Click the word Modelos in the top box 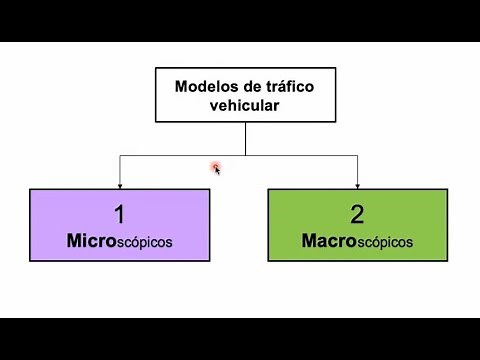click(x=205, y=86)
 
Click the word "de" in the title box click(x=250, y=86)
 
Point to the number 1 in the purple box click(x=119, y=214)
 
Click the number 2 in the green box click(x=357, y=214)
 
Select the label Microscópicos click(x=119, y=241)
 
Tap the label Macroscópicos click(x=357, y=241)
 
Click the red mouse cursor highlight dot click(x=214, y=167)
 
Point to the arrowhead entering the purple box click(x=119, y=184)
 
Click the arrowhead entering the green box click(x=357, y=184)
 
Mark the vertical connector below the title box click(x=240, y=139)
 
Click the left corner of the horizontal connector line click(x=119, y=156)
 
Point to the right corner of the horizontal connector click(x=357, y=156)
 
